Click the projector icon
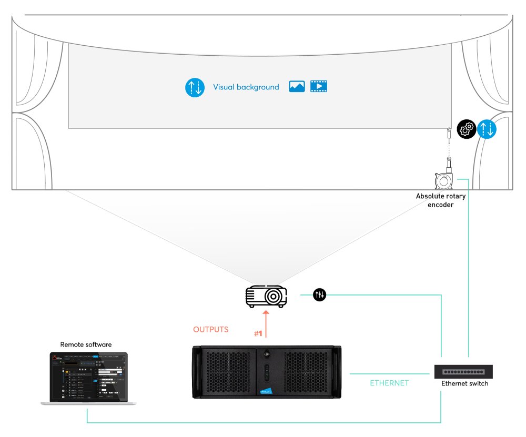click(x=267, y=297)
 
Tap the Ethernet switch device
click(x=463, y=371)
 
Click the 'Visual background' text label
click(x=246, y=87)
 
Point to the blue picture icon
click(x=297, y=87)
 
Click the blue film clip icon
click(x=318, y=87)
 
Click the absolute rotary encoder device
click(x=443, y=180)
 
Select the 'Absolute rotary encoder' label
click(x=441, y=200)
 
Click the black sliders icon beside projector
click(x=319, y=296)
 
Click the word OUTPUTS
click(x=211, y=330)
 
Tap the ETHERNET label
click(x=389, y=383)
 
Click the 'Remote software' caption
click(x=86, y=345)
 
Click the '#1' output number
click(x=258, y=334)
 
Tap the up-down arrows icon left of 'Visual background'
click(x=195, y=87)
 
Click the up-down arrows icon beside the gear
click(x=487, y=129)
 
